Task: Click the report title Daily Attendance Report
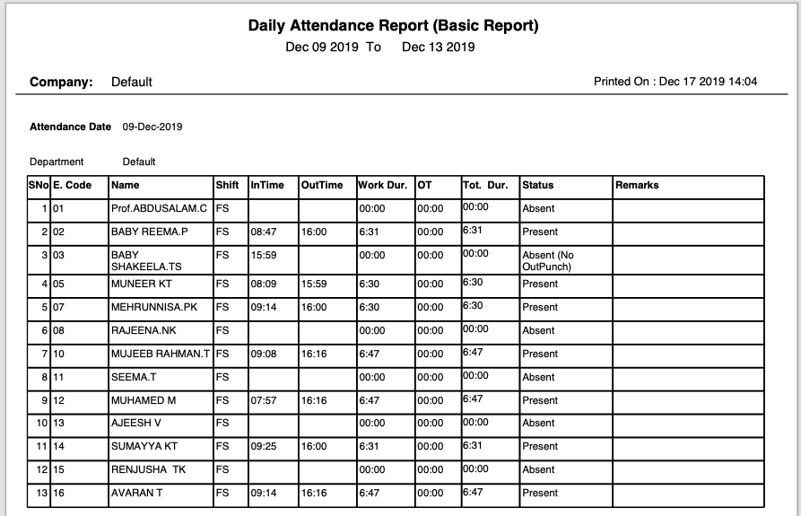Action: click(393, 26)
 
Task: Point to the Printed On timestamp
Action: click(675, 82)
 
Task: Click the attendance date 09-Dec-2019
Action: click(152, 127)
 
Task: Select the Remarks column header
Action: click(637, 185)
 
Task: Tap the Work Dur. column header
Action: click(383, 185)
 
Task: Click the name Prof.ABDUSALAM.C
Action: click(159, 208)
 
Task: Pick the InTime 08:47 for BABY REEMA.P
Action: click(264, 232)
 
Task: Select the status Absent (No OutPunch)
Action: click(548, 260)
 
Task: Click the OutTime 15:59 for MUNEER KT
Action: click(314, 284)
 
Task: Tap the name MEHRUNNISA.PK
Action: click(153, 307)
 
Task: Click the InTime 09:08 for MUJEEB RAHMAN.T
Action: click(264, 354)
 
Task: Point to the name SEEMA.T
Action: click(133, 377)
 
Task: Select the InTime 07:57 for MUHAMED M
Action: click(264, 400)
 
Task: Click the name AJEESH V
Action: click(136, 423)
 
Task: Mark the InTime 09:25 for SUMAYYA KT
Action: click(264, 446)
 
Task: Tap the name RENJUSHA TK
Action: click(147, 469)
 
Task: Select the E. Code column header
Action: click(73, 185)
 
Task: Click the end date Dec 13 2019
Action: click(438, 47)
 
